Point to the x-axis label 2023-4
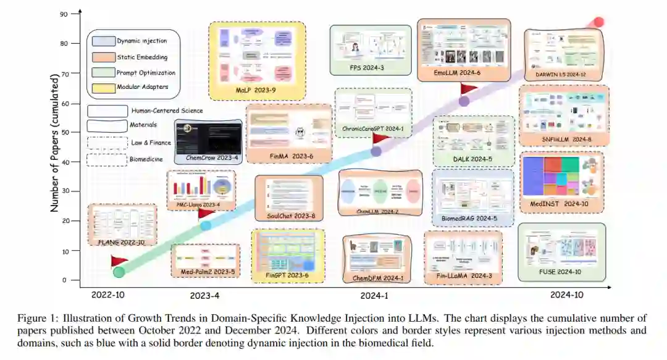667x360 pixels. pyautogui.click(x=204, y=295)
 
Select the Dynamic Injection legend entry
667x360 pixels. pyautogui.click(x=141, y=41)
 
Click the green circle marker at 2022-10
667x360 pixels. pyautogui.click(x=119, y=271)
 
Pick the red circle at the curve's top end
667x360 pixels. pyautogui.click(x=598, y=22)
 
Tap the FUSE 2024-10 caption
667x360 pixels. pyautogui.click(x=560, y=271)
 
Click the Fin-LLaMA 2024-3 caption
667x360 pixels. pyautogui.click(x=463, y=275)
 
